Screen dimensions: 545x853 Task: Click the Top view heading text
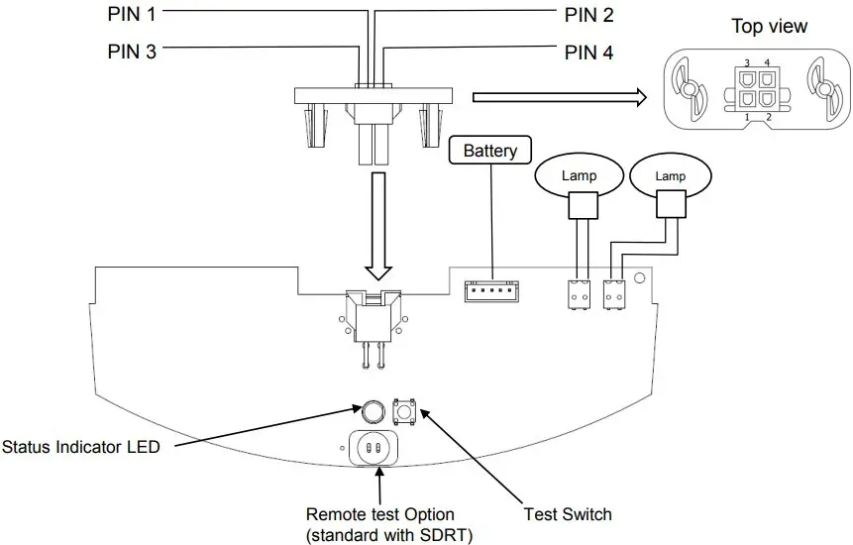tap(769, 27)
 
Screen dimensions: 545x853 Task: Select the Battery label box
tap(490, 151)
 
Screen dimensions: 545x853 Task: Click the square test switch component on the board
tap(404, 412)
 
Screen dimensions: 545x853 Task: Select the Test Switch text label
tap(567, 514)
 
